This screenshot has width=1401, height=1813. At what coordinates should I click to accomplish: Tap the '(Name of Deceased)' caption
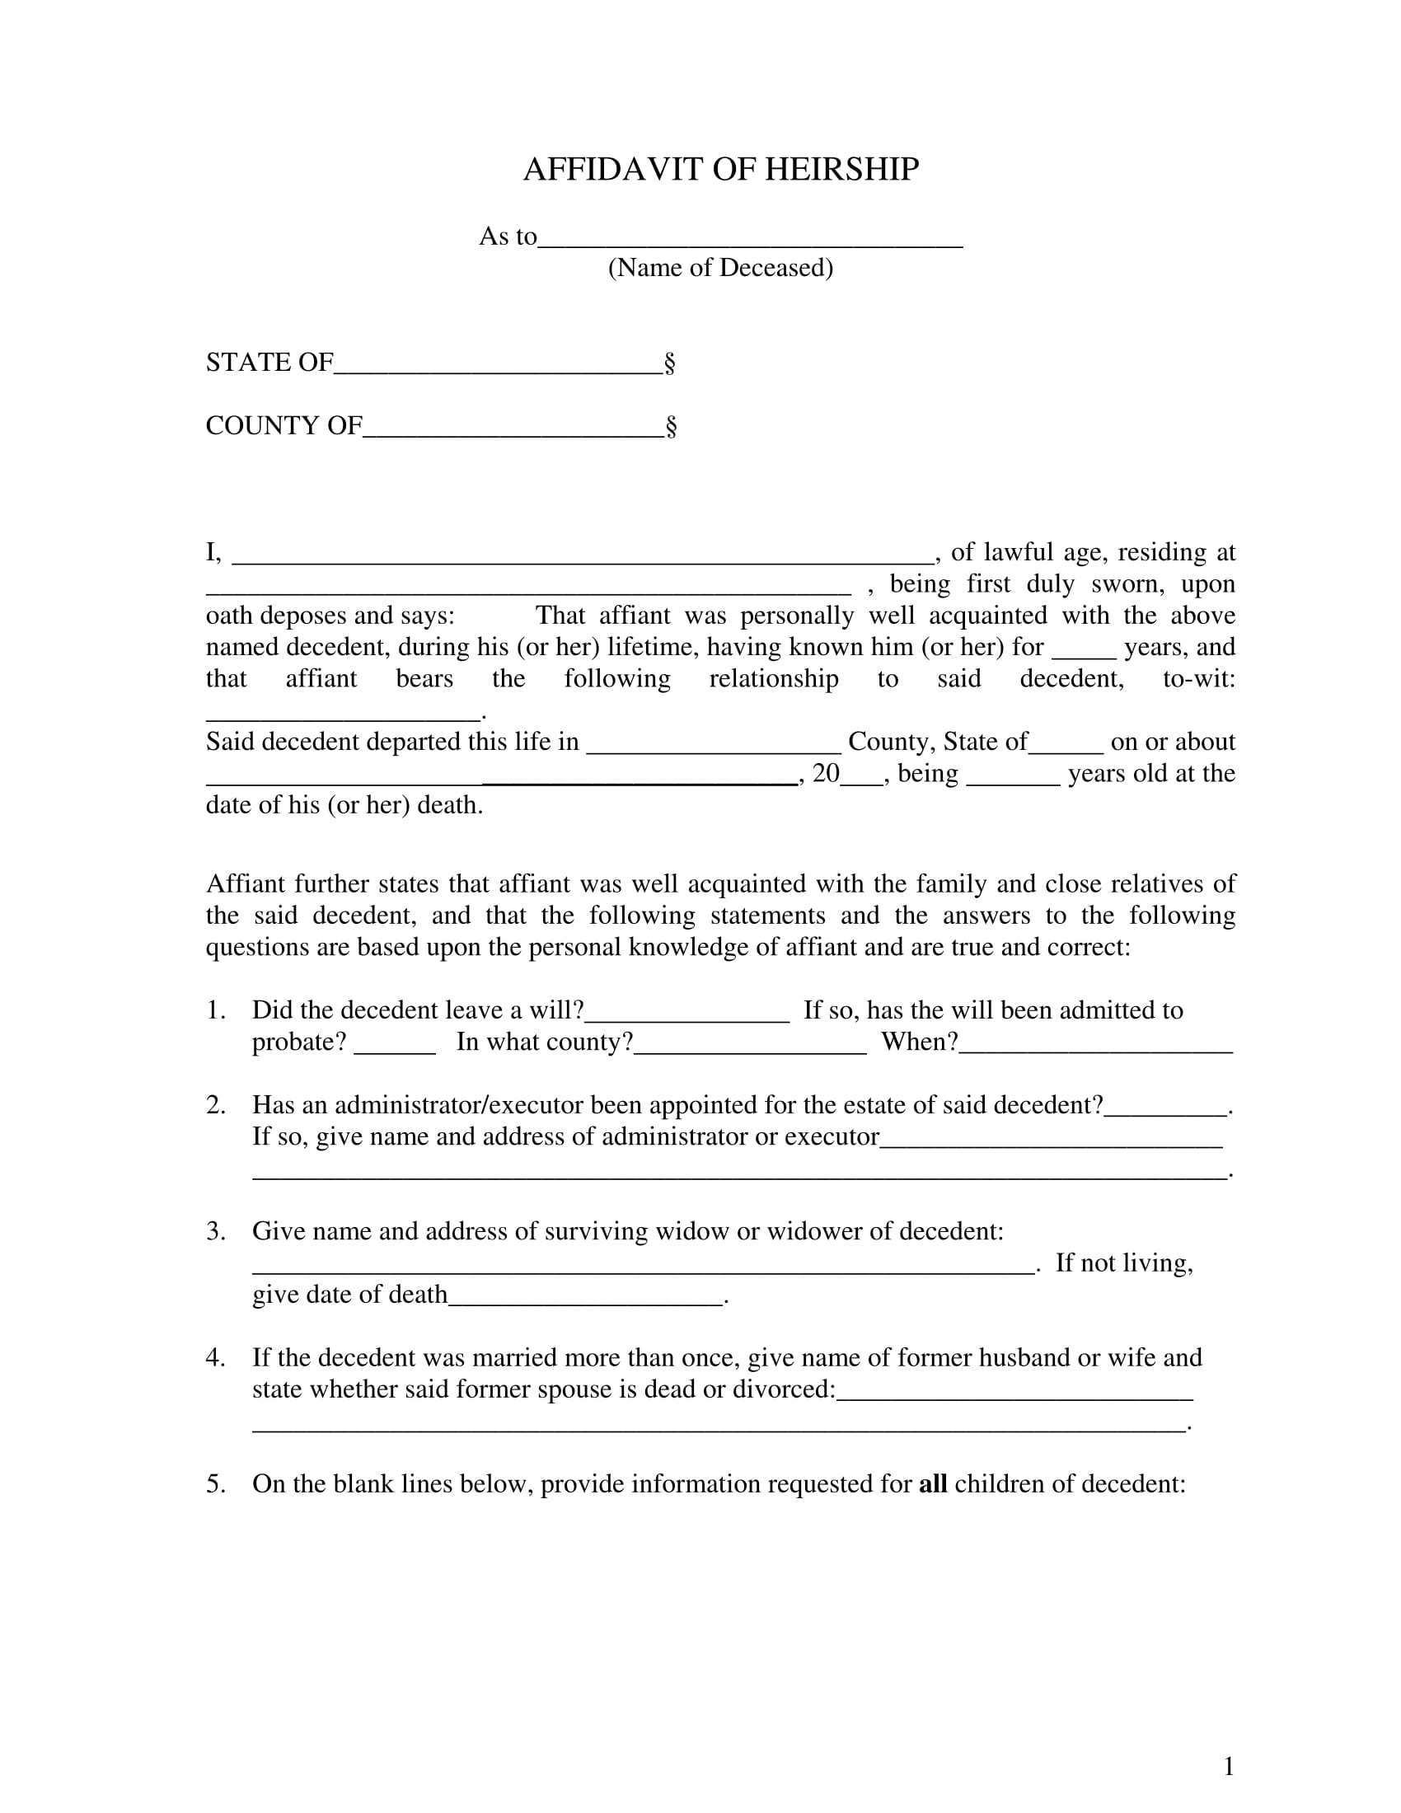click(x=720, y=267)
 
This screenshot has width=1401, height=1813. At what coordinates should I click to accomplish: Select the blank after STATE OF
click(x=498, y=371)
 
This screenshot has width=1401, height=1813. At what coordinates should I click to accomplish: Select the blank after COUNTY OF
click(x=513, y=434)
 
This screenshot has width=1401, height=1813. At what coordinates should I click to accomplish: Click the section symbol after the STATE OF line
click(x=670, y=363)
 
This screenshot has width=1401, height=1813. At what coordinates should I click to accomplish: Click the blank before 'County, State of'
click(x=714, y=750)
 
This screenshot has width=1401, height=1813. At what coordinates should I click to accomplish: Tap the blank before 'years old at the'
click(x=1013, y=781)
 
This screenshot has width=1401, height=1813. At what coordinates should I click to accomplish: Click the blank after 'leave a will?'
click(x=687, y=1019)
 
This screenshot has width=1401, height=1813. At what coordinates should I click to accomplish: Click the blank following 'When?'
click(x=1095, y=1050)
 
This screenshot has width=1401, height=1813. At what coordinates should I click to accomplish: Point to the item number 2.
click(x=216, y=1105)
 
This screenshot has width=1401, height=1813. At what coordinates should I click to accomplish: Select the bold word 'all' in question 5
click(x=933, y=1483)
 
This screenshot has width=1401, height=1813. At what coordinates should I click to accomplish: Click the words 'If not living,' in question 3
click(x=1124, y=1263)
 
